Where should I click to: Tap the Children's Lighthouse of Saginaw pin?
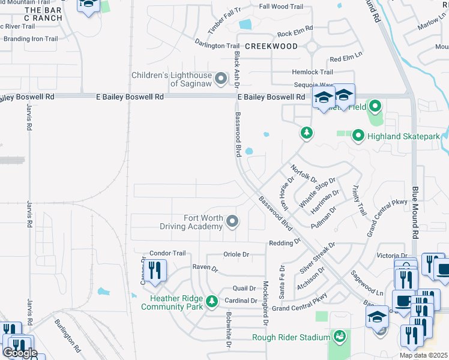[221, 79]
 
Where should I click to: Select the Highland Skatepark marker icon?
[358, 136]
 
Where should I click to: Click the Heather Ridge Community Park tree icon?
[211, 302]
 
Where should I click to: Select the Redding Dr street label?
[285, 242]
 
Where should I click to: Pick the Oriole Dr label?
[236, 254]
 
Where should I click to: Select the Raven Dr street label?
[205, 268]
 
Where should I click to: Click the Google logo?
[20, 353]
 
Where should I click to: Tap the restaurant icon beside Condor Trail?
[155, 271]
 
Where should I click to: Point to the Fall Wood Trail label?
[281, 7]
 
